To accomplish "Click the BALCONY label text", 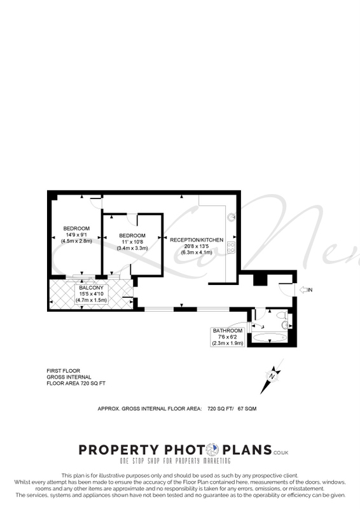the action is tap(91, 288).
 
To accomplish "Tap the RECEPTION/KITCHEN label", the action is tap(197, 240).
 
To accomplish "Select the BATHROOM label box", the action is tap(228, 337).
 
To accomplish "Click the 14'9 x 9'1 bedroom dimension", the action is tap(76, 235).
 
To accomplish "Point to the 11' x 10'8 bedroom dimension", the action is tap(132, 242).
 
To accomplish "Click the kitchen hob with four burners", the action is tap(231, 248).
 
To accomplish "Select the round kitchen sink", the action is tap(232, 217).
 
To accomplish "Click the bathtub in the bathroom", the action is tap(270, 338).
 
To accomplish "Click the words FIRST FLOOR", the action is tap(64, 371).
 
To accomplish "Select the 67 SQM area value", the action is tap(247, 408).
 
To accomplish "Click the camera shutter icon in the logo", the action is tap(213, 450).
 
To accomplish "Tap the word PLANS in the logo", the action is tap(247, 450).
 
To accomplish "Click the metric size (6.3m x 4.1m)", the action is tap(197, 252).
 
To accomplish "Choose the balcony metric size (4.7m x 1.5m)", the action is tap(91, 300).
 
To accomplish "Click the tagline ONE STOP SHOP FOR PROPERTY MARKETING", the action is tap(176, 461).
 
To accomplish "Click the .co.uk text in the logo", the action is tap(280, 452).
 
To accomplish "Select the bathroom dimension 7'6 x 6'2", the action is tap(228, 337).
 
